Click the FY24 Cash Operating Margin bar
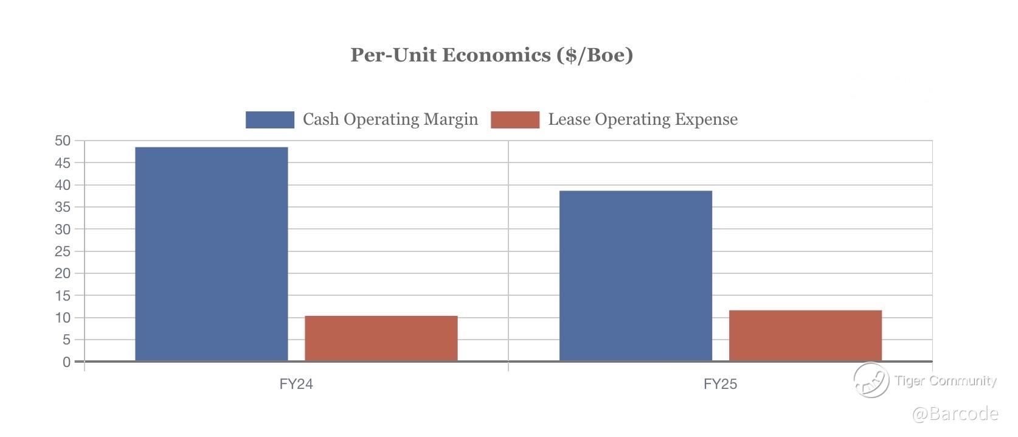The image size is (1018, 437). [x=211, y=254]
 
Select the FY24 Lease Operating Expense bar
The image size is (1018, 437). [x=381, y=338]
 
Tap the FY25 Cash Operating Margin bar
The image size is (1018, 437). [x=635, y=276]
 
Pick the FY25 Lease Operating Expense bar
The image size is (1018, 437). [x=805, y=335]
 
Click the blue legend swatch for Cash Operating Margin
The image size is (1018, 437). [x=269, y=119]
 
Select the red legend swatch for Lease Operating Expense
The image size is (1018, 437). [x=514, y=119]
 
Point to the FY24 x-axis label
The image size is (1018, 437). [x=296, y=384]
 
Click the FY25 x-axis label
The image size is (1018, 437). [x=720, y=384]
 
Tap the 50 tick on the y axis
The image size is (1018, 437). [x=63, y=141]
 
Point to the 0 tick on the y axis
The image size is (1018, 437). [x=66, y=362]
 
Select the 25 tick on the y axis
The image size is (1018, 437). [x=63, y=251]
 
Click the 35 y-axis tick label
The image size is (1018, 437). [x=63, y=207]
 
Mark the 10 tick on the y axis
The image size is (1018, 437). [x=63, y=318]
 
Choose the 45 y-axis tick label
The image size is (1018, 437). [x=63, y=163]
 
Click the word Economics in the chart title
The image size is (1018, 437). [x=497, y=55]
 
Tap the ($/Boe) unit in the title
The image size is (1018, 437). [x=594, y=55]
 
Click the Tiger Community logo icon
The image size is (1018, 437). [x=871, y=380]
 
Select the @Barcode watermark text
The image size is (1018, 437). [x=955, y=414]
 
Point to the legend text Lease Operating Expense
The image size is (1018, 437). [x=643, y=119]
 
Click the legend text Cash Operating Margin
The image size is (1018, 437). [x=390, y=119]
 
